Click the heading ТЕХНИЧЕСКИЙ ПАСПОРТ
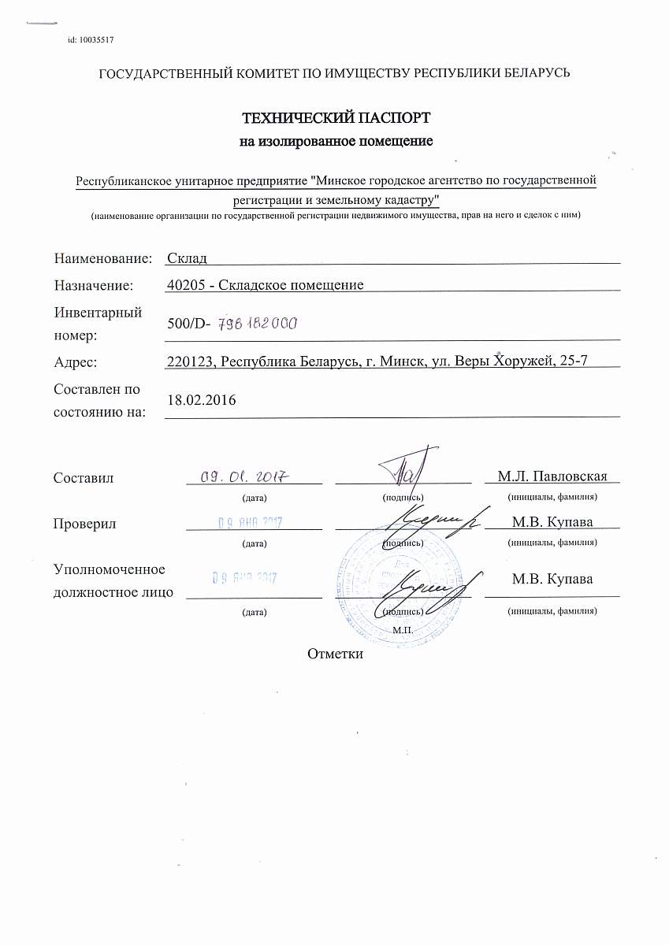(x=336, y=119)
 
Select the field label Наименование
(x=102, y=258)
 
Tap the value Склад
(x=187, y=258)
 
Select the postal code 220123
(x=191, y=361)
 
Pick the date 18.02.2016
(x=202, y=400)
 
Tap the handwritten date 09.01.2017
(x=244, y=476)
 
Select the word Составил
(x=84, y=478)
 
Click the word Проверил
(x=84, y=523)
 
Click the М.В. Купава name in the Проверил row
(x=552, y=521)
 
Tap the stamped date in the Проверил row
(x=250, y=522)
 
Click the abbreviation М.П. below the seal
(x=403, y=631)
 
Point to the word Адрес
(x=75, y=362)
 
